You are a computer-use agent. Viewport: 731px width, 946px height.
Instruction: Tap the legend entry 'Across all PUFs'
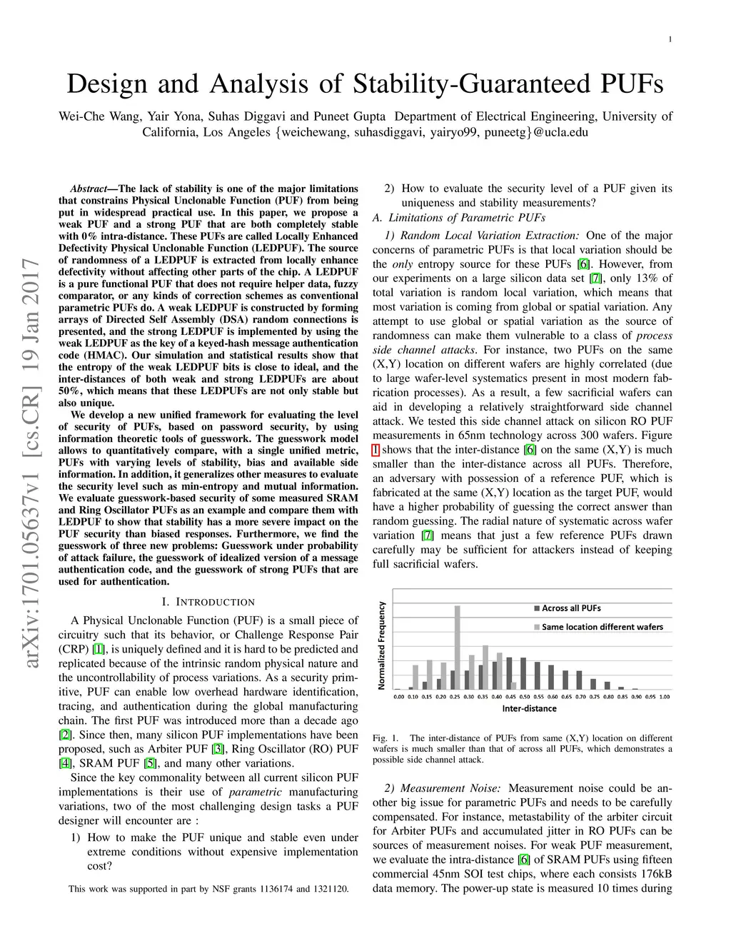[570, 608]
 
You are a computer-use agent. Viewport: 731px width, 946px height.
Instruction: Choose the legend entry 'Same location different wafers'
[602, 627]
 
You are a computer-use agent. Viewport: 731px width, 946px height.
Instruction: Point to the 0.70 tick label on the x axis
[580, 696]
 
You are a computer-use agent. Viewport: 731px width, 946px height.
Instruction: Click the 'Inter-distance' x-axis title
[529, 708]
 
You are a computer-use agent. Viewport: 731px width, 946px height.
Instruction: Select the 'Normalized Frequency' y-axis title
[382, 645]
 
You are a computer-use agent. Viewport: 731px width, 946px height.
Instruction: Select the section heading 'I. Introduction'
[208, 602]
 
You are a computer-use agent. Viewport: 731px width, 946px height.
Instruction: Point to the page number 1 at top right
[670, 39]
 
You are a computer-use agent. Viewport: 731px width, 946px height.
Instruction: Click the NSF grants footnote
[208, 889]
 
